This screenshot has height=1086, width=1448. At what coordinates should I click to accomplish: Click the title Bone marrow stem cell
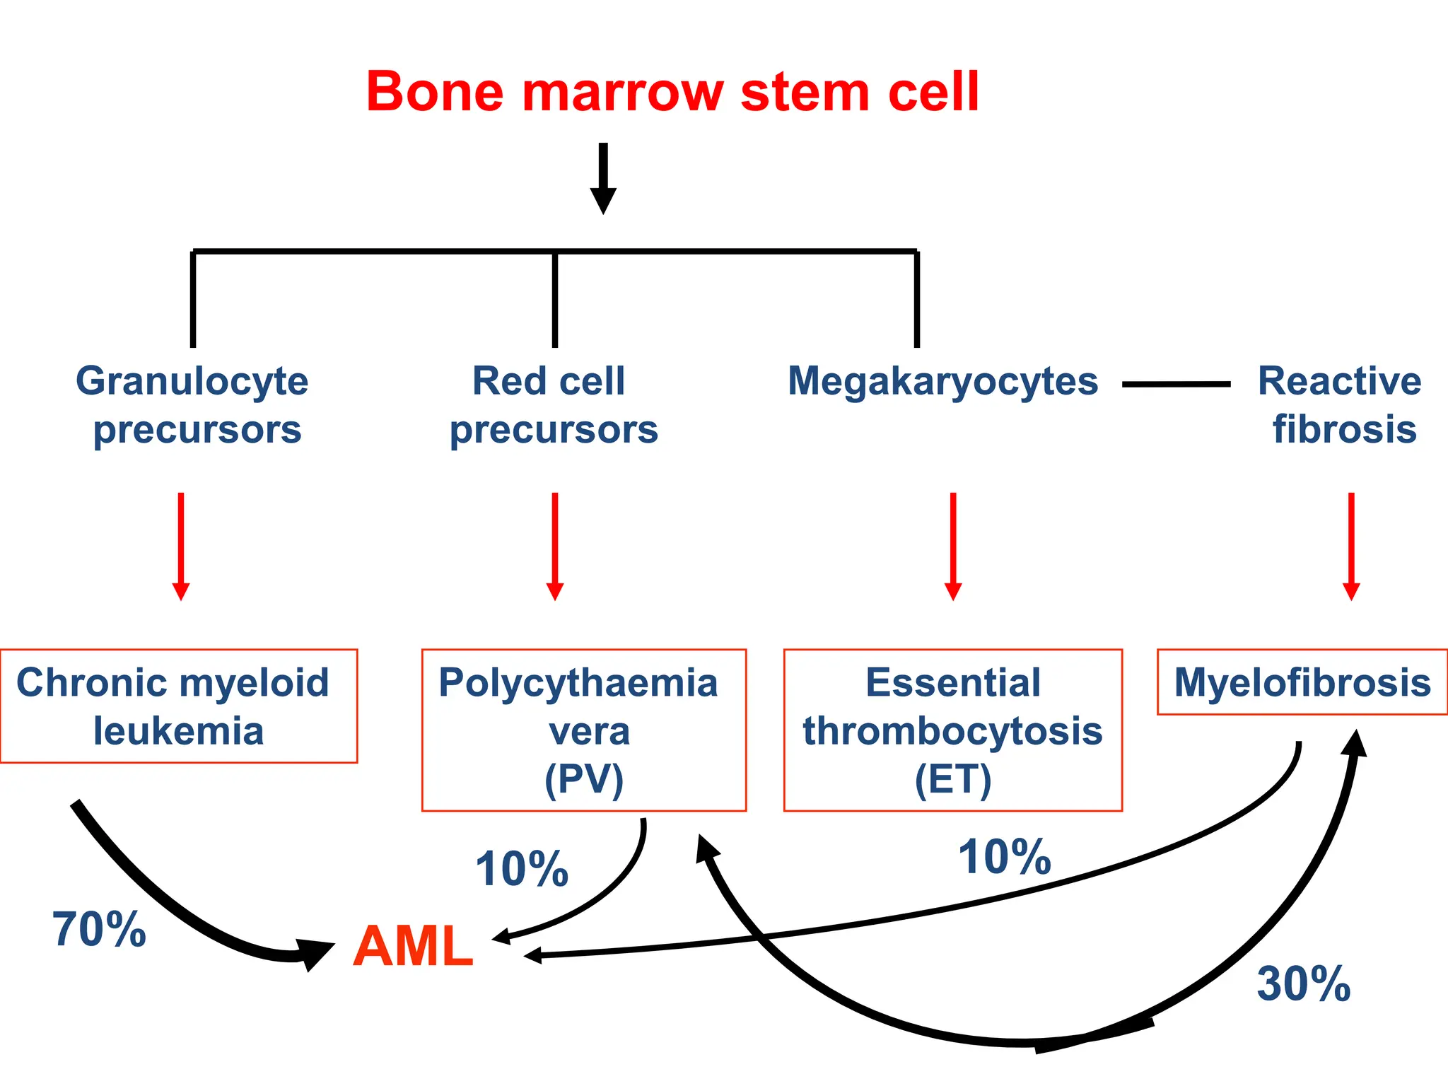click(672, 92)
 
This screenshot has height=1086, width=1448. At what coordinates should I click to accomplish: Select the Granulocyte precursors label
click(192, 405)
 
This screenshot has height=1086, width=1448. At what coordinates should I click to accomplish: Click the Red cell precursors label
click(553, 405)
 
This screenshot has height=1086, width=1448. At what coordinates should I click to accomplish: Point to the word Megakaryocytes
click(942, 382)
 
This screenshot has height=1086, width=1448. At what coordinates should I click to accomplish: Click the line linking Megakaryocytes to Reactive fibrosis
click(1176, 384)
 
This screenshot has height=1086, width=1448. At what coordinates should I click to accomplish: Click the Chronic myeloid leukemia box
click(178, 706)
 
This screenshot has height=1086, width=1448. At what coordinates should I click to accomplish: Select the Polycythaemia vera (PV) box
click(584, 730)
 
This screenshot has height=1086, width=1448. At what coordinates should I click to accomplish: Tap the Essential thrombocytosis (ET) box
click(952, 730)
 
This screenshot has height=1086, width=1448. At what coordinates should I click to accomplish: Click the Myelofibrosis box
click(1302, 682)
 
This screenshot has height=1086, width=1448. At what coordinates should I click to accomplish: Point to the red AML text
click(413, 947)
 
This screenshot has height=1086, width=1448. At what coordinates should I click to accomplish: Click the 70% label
click(99, 929)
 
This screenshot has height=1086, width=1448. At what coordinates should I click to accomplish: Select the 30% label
click(1303, 983)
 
